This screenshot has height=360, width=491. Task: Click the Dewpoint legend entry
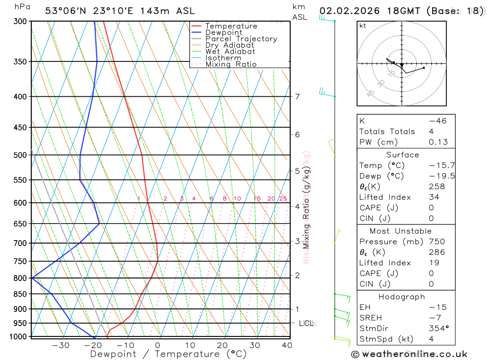tap(224, 32)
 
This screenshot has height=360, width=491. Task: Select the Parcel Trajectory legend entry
tap(241, 39)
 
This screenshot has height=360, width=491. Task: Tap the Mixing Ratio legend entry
tap(231, 64)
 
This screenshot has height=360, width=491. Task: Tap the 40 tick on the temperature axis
tap(287, 345)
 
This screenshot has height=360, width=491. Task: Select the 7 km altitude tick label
tap(298, 96)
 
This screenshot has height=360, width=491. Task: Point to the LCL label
tap(306, 323)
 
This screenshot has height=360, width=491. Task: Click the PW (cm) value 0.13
tap(438, 142)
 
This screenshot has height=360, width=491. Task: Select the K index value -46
tap(437, 121)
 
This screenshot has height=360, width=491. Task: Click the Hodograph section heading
tap(402, 297)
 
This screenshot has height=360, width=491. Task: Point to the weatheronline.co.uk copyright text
tap(409, 354)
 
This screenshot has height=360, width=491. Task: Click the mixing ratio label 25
tap(283, 198)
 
